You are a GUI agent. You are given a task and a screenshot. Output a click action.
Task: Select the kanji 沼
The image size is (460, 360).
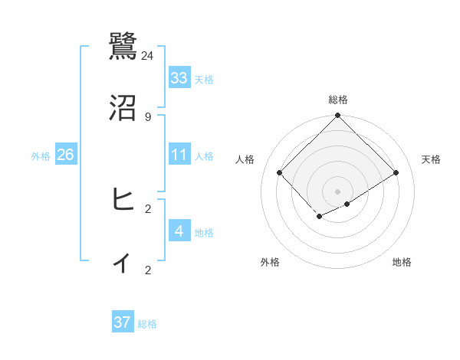pyautogui.click(x=123, y=108)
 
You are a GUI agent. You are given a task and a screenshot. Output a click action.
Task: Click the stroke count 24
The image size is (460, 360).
pyautogui.click(x=148, y=55)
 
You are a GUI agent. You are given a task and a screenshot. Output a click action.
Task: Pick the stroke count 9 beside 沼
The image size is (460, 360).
pyautogui.click(x=148, y=116)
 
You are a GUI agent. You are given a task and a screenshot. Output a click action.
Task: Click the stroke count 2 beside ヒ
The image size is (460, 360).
pyautogui.click(x=148, y=208)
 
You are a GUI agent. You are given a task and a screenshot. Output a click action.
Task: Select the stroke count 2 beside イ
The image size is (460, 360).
pyautogui.click(x=148, y=270)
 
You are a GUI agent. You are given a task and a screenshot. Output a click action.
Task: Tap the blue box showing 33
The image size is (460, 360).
pyautogui.click(x=179, y=78)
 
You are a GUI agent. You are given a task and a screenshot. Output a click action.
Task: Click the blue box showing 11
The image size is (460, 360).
pyautogui.click(x=179, y=155)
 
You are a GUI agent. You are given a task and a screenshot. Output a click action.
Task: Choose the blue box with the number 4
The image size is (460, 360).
pyautogui.click(x=179, y=231)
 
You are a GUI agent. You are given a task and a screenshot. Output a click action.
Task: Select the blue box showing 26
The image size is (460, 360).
pyautogui.click(x=65, y=155)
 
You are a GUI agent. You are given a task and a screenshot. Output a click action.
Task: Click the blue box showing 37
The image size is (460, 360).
pyautogui.click(x=123, y=322)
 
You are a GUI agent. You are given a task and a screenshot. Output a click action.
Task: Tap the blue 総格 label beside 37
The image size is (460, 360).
pyautogui.click(x=147, y=324)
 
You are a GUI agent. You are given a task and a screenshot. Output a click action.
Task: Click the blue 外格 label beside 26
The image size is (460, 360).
pyautogui.click(x=41, y=156)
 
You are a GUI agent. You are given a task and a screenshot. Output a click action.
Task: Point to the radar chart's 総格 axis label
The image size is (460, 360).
pyautogui.click(x=337, y=100)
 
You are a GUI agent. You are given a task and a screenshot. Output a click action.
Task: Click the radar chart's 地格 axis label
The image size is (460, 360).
pyautogui.click(x=402, y=262)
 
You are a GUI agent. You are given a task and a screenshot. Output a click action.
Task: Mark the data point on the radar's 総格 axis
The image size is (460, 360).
pyautogui.click(x=337, y=116)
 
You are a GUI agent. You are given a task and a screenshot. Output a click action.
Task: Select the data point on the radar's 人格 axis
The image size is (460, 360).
pyautogui.click(x=280, y=172)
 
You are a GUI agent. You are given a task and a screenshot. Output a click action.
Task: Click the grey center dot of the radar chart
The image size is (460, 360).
pyautogui.click(x=337, y=191)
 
